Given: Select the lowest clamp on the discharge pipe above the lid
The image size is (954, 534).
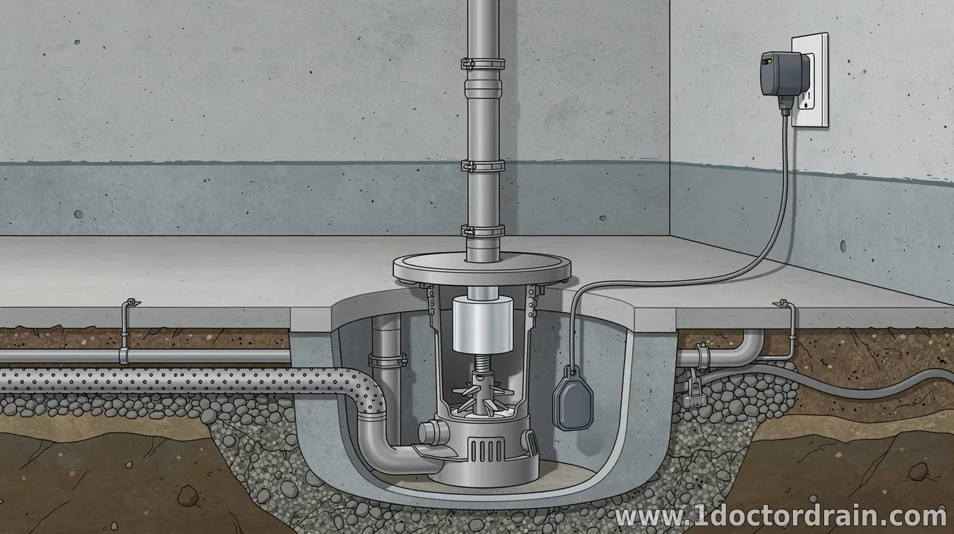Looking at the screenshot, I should [x=483, y=231].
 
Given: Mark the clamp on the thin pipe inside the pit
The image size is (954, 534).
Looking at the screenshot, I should [x=387, y=360].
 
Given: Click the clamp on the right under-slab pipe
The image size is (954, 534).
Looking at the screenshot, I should [x=702, y=355].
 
